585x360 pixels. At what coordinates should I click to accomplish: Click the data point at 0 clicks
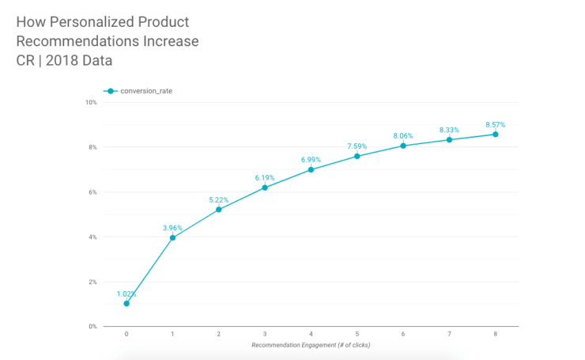tap(126, 304)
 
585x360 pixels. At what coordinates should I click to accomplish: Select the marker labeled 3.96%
tap(172, 237)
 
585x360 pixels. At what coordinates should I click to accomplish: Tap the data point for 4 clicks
tap(311, 169)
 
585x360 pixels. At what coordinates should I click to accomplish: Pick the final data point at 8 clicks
tap(496, 135)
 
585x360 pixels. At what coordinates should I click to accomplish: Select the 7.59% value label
tap(357, 146)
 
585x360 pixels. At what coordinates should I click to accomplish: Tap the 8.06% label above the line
tap(403, 135)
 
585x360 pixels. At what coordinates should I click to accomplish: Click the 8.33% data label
tap(450, 129)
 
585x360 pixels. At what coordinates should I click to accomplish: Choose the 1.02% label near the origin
tap(126, 294)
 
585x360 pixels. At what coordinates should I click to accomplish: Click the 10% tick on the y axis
tap(91, 102)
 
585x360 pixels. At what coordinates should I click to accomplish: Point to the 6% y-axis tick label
tap(92, 192)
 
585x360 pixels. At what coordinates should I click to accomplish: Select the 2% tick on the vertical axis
tap(92, 282)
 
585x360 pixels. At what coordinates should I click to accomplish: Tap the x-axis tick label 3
tap(265, 335)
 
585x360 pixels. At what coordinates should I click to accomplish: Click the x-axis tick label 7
tap(450, 335)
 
